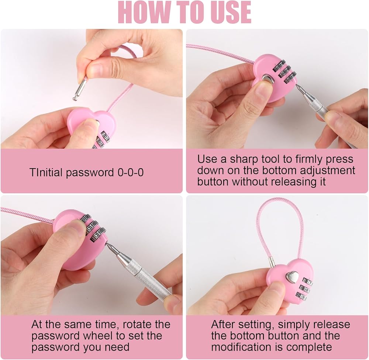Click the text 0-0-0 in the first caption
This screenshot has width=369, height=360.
tap(130, 173)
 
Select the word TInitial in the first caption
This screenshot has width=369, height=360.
tap(46, 173)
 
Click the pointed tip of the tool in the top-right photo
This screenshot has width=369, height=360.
tap(297, 86)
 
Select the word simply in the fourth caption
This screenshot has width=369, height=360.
tap(293, 325)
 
